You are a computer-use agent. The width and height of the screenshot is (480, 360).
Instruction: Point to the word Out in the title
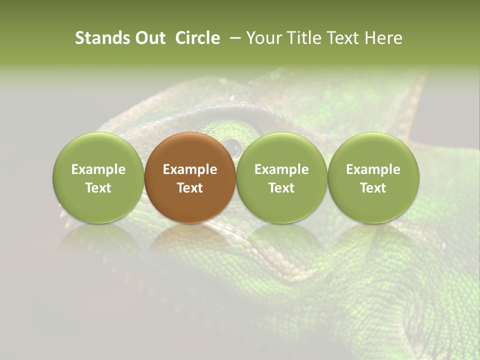(x=149, y=38)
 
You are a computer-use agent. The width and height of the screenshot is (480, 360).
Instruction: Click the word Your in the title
(x=263, y=38)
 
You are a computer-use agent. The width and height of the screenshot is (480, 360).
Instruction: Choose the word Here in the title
(x=382, y=38)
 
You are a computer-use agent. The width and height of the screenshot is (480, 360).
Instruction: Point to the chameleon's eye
(x=232, y=146)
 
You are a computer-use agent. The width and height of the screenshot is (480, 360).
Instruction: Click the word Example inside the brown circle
(x=190, y=169)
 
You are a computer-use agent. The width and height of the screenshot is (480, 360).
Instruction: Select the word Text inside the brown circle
(x=190, y=188)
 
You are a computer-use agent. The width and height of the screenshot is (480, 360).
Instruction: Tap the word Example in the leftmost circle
(x=98, y=169)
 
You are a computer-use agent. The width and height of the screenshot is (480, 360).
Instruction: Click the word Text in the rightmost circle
(x=373, y=188)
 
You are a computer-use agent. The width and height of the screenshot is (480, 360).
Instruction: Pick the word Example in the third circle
(x=281, y=169)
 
